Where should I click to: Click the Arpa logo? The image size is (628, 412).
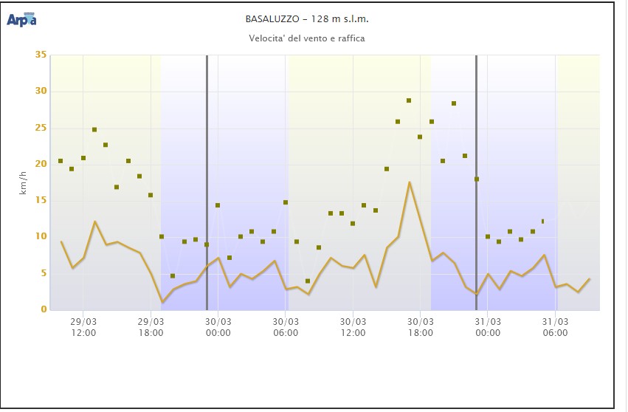point(22,19)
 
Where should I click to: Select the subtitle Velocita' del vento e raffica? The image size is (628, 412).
point(306,38)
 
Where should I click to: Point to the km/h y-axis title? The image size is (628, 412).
point(24,182)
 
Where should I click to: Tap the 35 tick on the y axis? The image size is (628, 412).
point(41,55)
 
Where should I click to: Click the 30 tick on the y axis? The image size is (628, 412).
point(41,92)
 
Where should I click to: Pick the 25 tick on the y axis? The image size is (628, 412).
point(41,128)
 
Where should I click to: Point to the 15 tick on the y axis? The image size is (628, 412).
point(41,200)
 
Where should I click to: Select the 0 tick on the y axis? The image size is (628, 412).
point(43,309)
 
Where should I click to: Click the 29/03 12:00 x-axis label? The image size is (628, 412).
point(83,326)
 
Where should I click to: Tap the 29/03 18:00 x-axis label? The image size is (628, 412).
point(151,326)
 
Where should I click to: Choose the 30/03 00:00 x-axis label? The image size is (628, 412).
point(218,326)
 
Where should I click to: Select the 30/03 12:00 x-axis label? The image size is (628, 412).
point(353,326)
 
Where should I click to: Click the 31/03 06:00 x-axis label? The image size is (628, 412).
point(555,326)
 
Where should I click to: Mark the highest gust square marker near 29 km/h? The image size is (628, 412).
point(409,100)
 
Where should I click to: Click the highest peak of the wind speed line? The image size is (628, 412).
point(409,182)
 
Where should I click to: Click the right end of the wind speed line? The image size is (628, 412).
point(589,279)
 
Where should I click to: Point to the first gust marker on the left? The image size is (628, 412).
point(61,161)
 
